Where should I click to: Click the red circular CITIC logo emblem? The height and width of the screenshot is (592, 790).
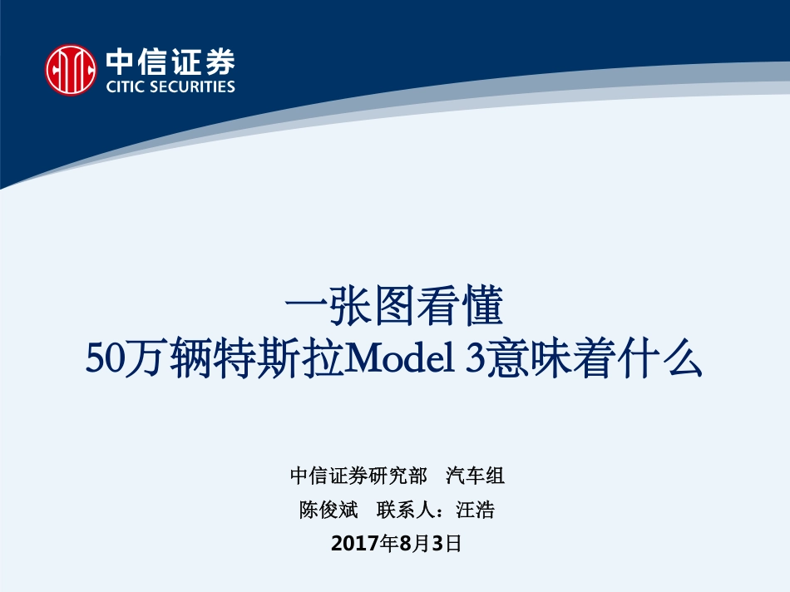pos(71,70)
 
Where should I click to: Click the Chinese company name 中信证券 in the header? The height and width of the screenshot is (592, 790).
pos(170,62)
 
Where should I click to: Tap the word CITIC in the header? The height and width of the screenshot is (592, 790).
pos(128,86)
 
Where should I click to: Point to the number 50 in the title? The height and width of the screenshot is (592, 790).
pos(105,362)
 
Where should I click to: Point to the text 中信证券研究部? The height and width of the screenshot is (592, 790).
pos(358,476)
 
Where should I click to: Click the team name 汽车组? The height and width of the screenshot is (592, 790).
pos(475,476)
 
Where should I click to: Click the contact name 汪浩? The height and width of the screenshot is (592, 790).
pos(475,510)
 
